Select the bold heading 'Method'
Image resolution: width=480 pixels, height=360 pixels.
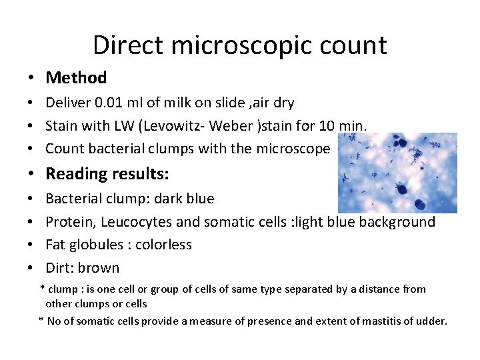click(76, 78)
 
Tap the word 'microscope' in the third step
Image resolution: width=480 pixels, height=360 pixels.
click(297, 148)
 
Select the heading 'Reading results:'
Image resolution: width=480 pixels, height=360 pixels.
click(107, 174)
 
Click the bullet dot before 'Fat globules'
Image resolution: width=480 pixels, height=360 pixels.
click(31, 245)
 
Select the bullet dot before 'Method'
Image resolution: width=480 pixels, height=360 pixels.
click(31, 78)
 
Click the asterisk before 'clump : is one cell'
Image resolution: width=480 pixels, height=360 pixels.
click(42, 289)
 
